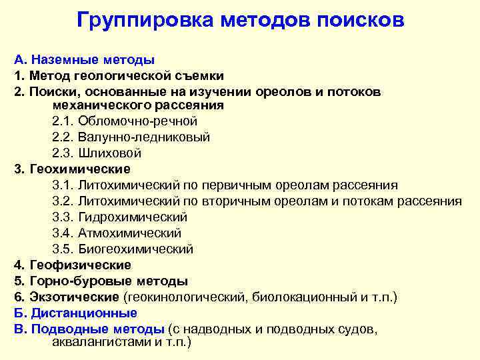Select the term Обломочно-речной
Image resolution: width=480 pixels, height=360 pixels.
pos(138,121)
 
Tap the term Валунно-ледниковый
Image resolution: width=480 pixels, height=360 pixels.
pos(144,137)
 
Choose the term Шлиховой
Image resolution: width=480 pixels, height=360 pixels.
pos(110,153)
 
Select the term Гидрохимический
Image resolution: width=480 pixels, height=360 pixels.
pos(133,217)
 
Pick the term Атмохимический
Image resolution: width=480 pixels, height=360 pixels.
pos(130,233)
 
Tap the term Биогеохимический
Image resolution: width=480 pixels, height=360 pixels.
pos(136,249)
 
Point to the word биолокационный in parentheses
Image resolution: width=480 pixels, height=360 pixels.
pos(307,297)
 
